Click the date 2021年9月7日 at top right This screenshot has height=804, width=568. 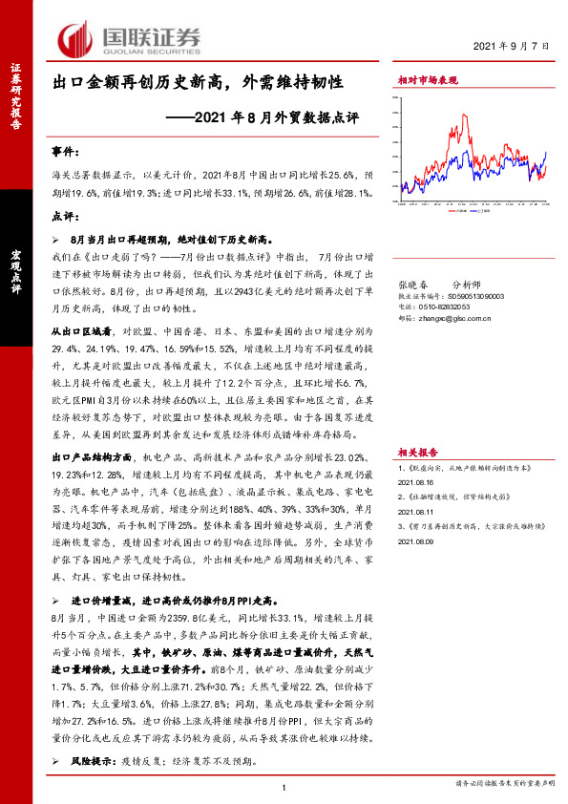point(512,46)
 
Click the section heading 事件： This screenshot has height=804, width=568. point(64,153)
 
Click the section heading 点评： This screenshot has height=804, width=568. point(64,216)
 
